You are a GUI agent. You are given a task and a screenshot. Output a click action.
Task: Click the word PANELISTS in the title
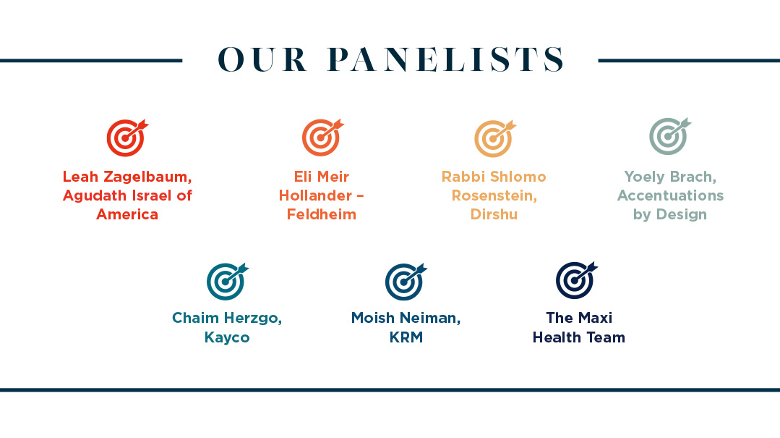click(x=446, y=59)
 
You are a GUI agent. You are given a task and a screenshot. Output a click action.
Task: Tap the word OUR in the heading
click(x=262, y=59)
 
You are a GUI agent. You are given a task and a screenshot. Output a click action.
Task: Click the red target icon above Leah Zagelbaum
click(x=127, y=138)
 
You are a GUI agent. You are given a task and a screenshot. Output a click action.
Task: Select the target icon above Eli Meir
click(x=322, y=138)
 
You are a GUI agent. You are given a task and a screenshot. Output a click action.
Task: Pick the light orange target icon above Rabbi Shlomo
click(x=494, y=138)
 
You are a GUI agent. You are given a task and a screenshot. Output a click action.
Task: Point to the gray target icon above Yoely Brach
click(x=669, y=136)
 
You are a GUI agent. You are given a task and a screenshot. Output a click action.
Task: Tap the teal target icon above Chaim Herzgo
click(x=227, y=281)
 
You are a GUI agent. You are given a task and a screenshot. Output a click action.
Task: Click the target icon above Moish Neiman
click(x=406, y=282)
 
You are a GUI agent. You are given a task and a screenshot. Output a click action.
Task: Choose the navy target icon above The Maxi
click(x=576, y=280)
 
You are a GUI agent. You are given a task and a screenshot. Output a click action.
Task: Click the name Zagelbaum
click(x=147, y=177)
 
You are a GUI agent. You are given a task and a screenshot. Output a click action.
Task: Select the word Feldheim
click(x=322, y=214)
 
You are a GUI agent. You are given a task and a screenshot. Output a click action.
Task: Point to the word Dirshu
click(x=494, y=214)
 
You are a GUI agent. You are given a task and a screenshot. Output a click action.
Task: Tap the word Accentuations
click(x=670, y=195)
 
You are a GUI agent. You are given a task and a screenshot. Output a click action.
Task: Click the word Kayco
click(x=227, y=337)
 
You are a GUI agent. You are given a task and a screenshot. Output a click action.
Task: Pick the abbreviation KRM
click(x=406, y=337)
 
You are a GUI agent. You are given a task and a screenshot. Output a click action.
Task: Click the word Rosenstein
click(x=494, y=195)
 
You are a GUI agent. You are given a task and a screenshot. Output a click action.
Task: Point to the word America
click(x=127, y=214)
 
